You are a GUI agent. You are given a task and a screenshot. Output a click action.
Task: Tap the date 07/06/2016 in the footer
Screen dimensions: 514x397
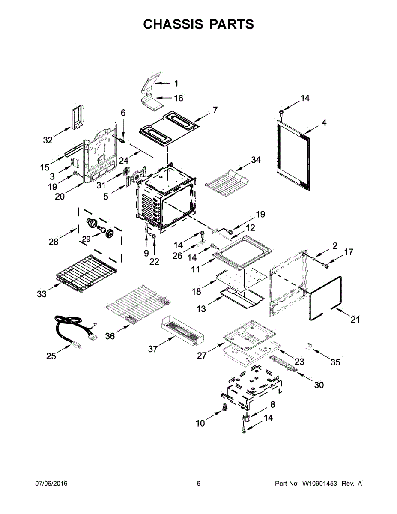point(51,484)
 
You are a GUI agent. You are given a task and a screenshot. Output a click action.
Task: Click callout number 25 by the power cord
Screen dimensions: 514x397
point(51,356)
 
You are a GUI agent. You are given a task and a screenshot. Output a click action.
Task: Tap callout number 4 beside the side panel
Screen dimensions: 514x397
point(324,123)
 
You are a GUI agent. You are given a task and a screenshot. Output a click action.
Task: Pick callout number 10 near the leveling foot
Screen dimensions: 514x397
point(200,424)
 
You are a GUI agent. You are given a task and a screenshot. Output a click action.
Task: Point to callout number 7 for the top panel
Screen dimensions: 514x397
point(215,110)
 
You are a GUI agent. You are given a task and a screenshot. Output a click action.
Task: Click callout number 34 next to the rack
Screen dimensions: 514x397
point(256,160)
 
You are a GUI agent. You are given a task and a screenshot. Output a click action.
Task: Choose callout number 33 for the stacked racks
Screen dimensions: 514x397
point(42,294)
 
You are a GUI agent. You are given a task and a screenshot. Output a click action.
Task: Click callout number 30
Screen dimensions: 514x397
point(319,385)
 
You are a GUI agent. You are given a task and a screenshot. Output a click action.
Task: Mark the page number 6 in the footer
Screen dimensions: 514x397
point(198,484)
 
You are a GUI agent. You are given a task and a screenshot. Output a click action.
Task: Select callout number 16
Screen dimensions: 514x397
point(178,98)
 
